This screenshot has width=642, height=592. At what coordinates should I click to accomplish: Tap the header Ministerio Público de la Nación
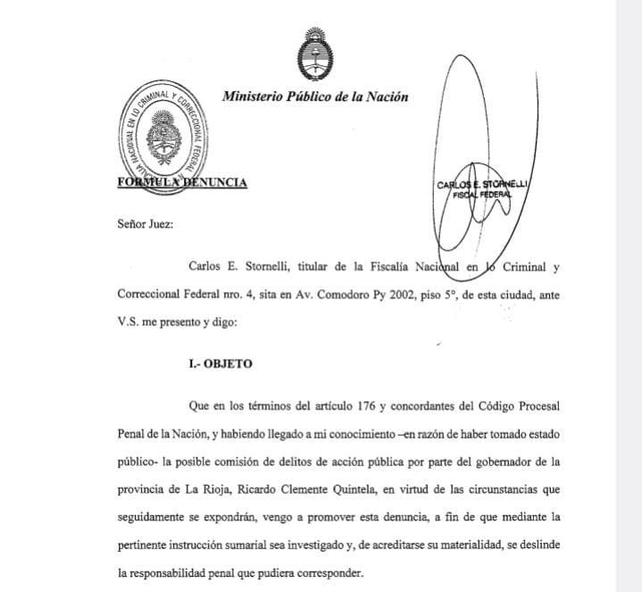point(315,97)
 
